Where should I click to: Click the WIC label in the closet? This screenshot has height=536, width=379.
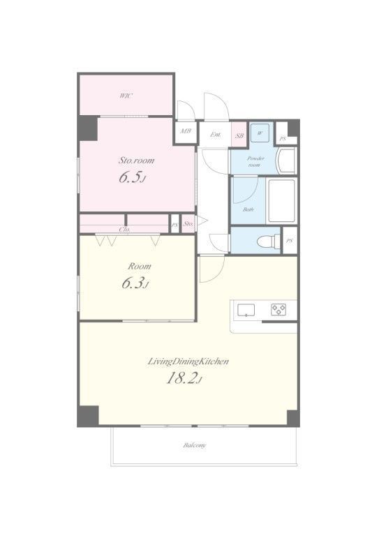[x=126, y=96]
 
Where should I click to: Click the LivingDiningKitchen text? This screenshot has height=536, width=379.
[x=188, y=362]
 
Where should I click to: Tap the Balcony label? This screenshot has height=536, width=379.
[x=195, y=445]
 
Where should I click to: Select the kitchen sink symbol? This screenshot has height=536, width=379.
[x=246, y=310]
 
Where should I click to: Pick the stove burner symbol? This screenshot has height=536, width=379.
[x=279, y=310]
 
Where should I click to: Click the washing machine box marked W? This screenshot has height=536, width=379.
[x=260, y=133]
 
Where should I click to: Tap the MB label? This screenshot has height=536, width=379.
[x=186, y=131]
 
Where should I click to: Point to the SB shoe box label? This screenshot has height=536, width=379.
[x=239, y=135]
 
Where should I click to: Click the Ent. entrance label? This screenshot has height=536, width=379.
[x=215, y=135]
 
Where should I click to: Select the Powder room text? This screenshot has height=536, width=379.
[x=255, y=161]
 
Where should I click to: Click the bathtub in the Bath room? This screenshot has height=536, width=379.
[x=281, y=201]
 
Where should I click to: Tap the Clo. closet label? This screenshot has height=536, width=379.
[x=124, y=230]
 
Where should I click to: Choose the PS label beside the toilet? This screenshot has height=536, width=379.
[x=290, y=241]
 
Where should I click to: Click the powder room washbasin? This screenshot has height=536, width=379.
[x=286, y=161]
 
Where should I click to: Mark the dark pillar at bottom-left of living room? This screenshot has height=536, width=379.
[x=88, y=416]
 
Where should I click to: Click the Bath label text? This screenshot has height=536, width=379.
[x=248, y=209]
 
